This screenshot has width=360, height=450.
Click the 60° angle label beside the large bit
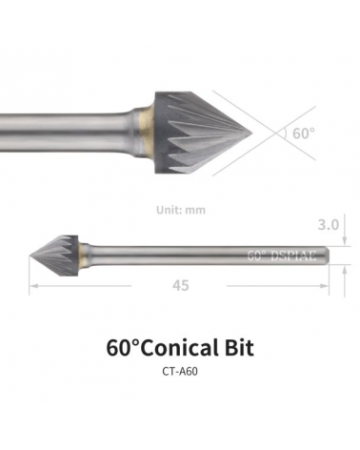pos(303,133)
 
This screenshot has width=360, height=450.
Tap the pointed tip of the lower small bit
pos(30,255)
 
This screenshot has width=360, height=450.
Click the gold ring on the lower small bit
pos(86,255)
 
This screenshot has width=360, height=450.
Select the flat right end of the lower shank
pos(329,255)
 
